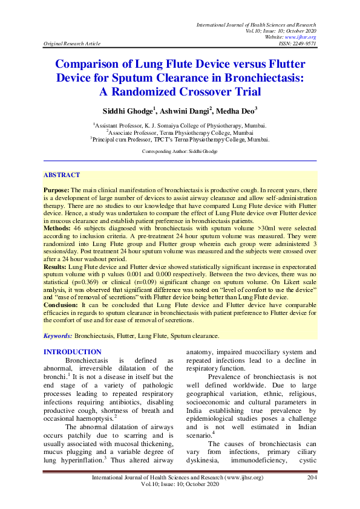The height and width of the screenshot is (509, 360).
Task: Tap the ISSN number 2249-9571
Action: coord(304,44)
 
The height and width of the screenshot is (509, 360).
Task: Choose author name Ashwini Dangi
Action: coord(183,111)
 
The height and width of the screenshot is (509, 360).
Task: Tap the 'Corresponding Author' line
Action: coord(180,149)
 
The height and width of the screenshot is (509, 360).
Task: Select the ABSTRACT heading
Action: coord(61,175)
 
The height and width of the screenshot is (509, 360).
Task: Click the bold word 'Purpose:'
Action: coord(56,189)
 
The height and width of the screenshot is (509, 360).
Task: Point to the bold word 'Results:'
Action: coord(56,265)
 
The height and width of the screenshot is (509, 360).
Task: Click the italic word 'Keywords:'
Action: coord(57,335)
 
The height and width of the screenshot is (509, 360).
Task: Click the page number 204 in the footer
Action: coord(312,494)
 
